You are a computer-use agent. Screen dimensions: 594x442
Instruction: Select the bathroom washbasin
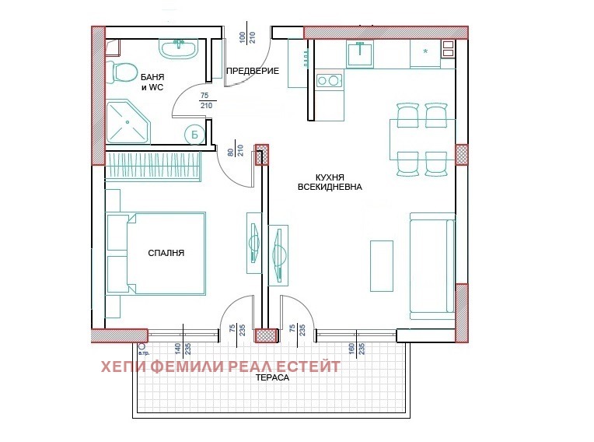click(178, 49)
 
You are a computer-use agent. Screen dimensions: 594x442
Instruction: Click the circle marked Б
click(194, 135)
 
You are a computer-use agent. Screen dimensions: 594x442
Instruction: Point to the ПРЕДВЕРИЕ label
click(253, 71)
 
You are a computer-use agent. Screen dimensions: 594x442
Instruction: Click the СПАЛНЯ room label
click(166, 253)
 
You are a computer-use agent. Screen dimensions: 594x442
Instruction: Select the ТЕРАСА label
click(272, 377)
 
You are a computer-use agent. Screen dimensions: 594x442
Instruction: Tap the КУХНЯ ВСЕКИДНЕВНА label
click(330, 182)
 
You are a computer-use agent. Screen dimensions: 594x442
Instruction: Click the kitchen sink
click(360, 54)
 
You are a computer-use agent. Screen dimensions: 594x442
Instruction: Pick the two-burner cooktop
click(329, 80)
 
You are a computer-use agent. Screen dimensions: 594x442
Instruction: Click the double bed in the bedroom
click(156, 253)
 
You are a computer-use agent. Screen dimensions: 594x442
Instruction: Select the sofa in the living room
click(432, 265)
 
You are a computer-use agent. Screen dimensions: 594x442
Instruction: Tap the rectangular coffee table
click(382, 265)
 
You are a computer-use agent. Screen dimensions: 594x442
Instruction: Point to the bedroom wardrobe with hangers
click(152, 166)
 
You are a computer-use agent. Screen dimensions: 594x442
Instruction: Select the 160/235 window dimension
click(356, 349)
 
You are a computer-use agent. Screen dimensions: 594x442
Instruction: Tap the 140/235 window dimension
click(183, 349)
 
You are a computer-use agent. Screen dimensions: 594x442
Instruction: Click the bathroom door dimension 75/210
click(206, 101)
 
